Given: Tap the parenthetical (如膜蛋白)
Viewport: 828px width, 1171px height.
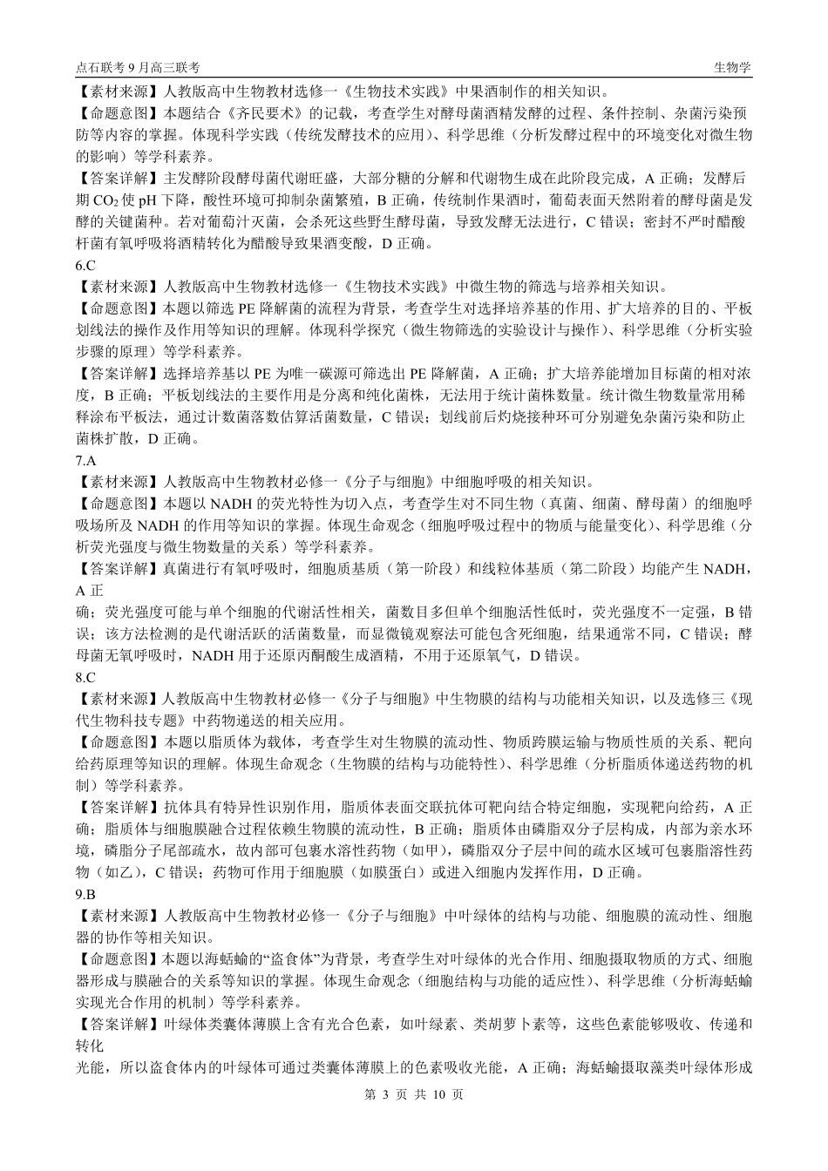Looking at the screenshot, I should click(x=396, y=872).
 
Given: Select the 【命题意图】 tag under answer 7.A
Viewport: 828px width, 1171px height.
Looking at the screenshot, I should click(x=114, y=504).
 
